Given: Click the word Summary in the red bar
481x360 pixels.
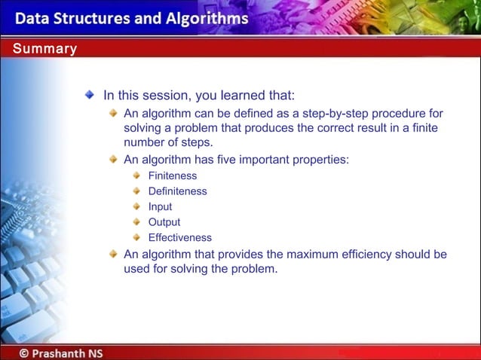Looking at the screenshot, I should click(x=44, y=50).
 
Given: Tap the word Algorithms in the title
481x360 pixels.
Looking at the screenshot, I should click(x=205, y=18).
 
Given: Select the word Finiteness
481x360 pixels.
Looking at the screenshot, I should click(x=172, y=175).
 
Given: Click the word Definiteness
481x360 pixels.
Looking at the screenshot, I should click(x=177, y=191).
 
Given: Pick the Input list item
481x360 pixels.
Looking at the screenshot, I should click(x=160, y=206).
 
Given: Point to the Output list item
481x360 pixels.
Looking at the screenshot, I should click(x=164, y=222).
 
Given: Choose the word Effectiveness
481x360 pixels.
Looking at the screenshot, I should click(x=179, y=237).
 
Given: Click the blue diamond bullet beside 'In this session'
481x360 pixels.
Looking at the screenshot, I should click(x=90, y=95).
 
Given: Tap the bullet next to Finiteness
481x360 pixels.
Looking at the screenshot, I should click(x=136, y=175).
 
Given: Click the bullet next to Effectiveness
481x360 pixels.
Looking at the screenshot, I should click(x=136, y=237).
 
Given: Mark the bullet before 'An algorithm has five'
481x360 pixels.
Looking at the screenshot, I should click(x=112, y=159).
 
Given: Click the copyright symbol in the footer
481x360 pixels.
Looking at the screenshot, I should click(x=25, y=352).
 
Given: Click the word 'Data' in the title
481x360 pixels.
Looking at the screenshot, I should click(x=32, y=18).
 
